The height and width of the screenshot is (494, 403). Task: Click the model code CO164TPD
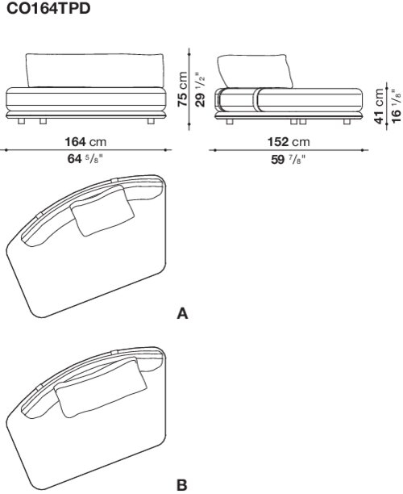tap(48, 9)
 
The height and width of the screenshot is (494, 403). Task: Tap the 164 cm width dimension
tap(85, 142)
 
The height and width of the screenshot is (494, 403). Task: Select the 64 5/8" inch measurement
tap(85, 158)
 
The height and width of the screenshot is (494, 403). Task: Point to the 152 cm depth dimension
tap(289, 142)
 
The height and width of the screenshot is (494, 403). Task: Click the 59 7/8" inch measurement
tap(289, 159)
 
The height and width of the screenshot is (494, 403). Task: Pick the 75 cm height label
tap(183, 89)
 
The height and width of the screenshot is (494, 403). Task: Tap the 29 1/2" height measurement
tap(200, 90)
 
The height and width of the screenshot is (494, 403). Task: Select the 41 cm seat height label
tap(380, 106)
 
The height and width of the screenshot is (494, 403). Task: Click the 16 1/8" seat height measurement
tap(397, 107)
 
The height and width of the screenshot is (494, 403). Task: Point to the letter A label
tap(182, 314)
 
